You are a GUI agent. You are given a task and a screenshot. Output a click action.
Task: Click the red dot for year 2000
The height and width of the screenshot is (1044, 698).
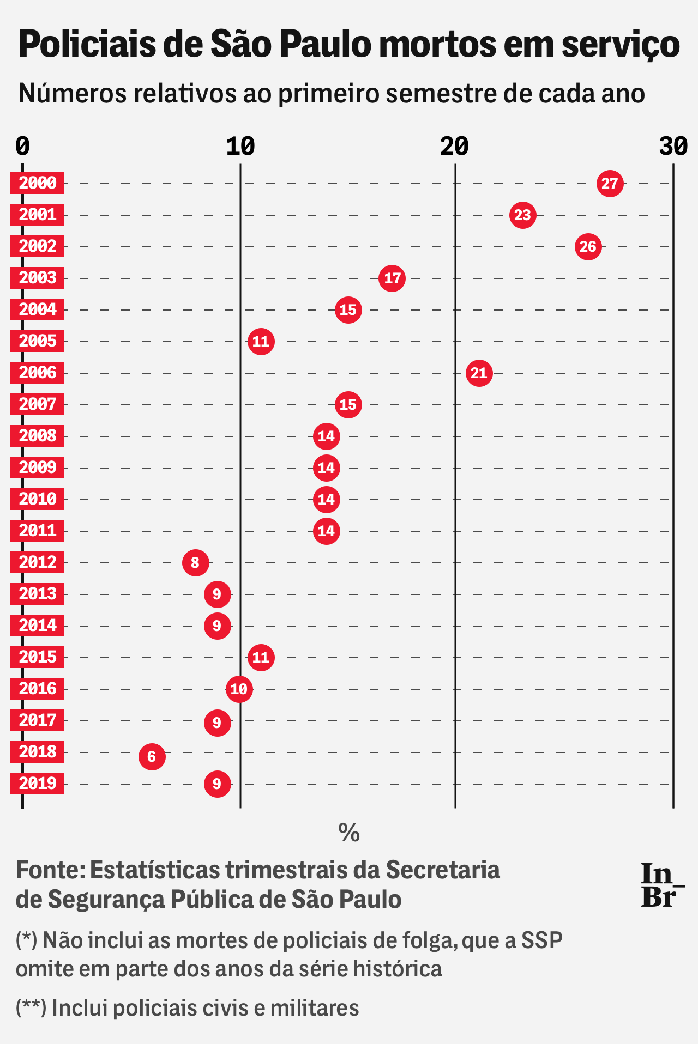click(x=610, y=184)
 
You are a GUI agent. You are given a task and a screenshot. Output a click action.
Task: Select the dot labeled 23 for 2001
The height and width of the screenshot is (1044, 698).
click(x=523, y=215)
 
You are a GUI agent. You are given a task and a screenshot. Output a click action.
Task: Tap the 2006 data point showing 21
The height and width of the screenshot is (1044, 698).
click(x=479, y=373)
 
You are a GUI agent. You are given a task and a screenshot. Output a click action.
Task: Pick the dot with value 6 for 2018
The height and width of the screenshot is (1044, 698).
click(x=152, y=757)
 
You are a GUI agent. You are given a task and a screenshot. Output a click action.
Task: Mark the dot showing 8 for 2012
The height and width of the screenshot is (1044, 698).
click(x=195, y=563)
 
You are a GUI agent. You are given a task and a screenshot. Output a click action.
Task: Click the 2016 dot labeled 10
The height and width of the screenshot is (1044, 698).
click(x=239, y=689)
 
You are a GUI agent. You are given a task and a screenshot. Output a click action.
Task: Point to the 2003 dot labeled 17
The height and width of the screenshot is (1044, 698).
click(x=392, y=278)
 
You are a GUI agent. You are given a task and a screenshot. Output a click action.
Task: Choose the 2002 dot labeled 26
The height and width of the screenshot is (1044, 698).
click(x=588, y=247)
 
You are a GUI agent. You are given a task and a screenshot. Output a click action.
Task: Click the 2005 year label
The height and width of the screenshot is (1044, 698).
click(x=37, y=341)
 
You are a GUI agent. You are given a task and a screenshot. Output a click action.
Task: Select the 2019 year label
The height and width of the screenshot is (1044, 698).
click(x=37, y=784)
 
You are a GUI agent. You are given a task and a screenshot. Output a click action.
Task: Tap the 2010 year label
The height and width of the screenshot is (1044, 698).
click(x=37, y=499)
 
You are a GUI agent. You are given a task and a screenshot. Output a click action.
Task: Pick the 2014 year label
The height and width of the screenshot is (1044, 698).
click(x=37, y=626)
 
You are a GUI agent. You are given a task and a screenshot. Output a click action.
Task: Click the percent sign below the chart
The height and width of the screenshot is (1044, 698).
click(x=349, y=833)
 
